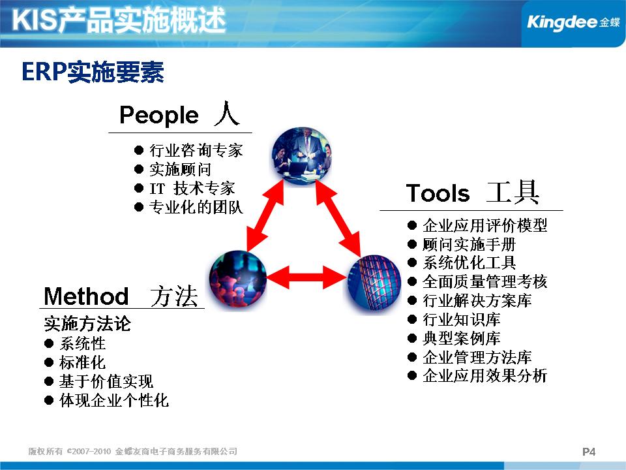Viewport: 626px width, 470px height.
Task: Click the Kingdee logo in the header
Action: (x=573, y=22)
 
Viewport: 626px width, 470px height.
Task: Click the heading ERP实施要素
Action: (x=93, y=72)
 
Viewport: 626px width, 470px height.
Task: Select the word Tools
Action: (x=438, y=193)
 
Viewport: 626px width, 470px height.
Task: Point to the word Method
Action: (x=86, y=296)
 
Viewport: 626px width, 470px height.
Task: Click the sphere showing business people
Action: (x=302, y=156)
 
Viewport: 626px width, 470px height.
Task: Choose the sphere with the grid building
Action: (x=374, y=284)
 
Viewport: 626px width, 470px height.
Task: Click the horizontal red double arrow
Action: (x=306, y=277)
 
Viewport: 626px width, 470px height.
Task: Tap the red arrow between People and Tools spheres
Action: (x=338, y=218)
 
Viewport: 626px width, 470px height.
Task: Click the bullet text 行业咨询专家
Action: (x=196, y=150)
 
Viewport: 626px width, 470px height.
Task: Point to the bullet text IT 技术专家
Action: (x=192, y=188)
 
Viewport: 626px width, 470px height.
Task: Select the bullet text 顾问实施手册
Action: (x=469, y=244)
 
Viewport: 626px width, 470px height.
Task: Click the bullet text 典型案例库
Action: (x=462, y=338)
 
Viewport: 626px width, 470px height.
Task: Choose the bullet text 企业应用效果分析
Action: (x=484, y=376)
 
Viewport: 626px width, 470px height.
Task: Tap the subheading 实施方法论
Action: (x=87, y=324)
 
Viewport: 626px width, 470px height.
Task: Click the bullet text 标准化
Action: (x=82, y=362)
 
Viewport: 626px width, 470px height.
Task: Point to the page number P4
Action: (x=589, y=452)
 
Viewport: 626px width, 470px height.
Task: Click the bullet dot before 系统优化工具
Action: (x=412, y=262)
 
